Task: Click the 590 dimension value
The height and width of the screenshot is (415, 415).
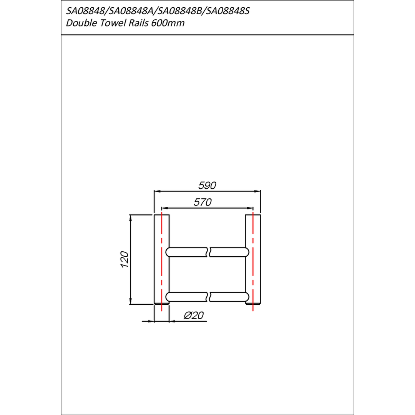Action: [x=207, y=185]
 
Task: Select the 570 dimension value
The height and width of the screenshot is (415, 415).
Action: [x=203, y=202]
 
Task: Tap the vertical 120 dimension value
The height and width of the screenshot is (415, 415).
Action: [x=124, y=259]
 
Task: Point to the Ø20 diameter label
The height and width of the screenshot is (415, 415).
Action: [x=194, y=315]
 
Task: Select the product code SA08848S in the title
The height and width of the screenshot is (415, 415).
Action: [x=228, y=11]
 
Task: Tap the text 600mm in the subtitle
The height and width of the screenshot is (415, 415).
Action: [x=168, y=23]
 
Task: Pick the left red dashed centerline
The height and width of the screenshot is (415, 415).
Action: [x=161, y=261]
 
